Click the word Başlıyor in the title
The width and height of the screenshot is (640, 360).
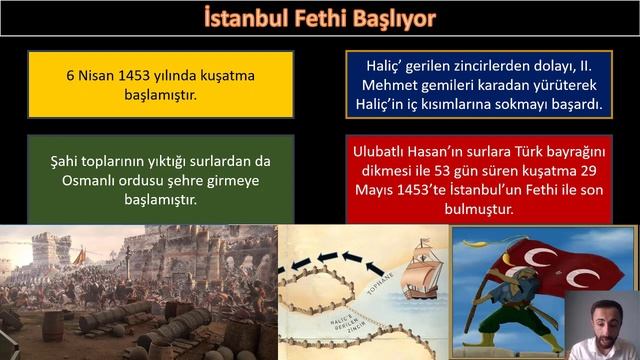393,18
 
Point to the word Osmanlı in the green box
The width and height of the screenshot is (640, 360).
83,179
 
